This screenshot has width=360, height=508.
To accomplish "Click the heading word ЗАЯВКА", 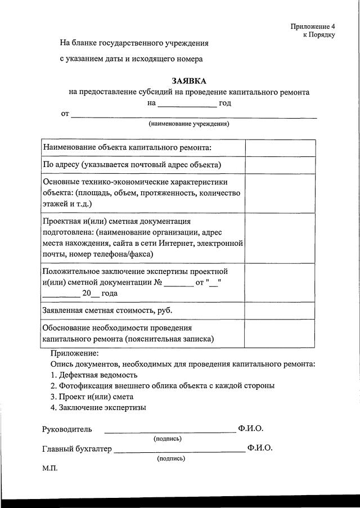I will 189,81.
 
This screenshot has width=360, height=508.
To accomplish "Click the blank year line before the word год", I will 187,103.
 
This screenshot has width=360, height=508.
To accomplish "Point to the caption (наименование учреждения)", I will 189,123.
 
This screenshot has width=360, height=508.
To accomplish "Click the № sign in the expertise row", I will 159,282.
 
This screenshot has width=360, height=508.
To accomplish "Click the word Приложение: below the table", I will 74,353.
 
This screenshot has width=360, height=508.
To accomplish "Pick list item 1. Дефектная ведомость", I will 93,375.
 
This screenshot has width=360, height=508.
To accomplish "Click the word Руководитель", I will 67,429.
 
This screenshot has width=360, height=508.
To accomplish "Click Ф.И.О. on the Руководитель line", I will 250,429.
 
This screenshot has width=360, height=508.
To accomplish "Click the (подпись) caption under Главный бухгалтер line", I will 172,458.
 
